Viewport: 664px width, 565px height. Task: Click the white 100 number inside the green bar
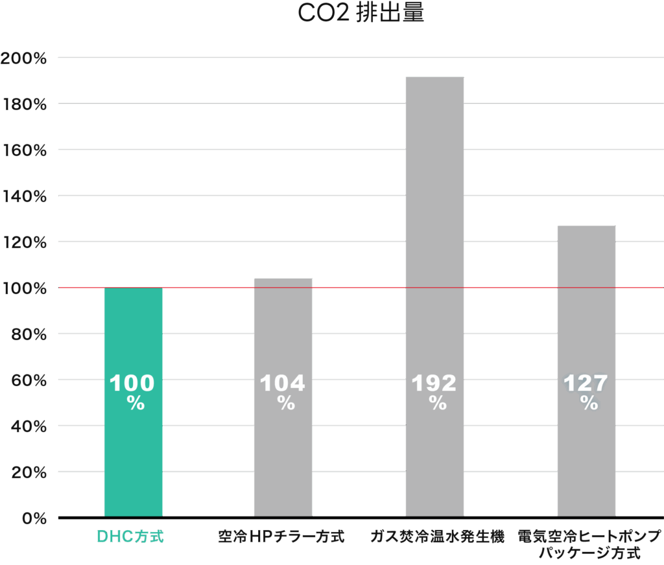pyautogui.click(x=132, y=384)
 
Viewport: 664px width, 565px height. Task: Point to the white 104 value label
pyautogui.click(x=283, y=384)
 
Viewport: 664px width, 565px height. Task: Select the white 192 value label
pyautogui.click(x=434, y=384)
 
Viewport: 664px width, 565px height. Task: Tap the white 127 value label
pyautogui.click(x=586, y=384)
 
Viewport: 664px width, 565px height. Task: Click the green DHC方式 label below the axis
pyautogui.click(x=130, y=537)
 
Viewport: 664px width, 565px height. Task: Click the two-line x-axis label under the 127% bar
pyautogui.click(x=589, y=545)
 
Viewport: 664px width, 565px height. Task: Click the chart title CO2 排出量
pyautogui.click(x=361, y=13)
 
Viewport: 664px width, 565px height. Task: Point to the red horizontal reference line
pyautogui.click(x=363, y=287)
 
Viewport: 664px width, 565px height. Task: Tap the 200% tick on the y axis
pyautogui.click(x=25, y=58)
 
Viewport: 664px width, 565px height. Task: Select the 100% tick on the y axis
pyautogui.click(x=25, y=288)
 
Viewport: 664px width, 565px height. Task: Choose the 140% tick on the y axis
pyautogui.click(x=25, y=196)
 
